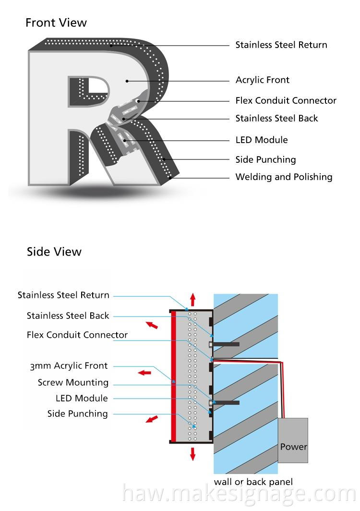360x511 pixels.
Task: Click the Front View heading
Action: tap(56, 23)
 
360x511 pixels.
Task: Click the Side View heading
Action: tap(54, 252)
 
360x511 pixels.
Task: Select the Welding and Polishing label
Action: tap(284, 177)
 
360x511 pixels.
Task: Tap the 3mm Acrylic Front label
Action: tap(69, 366)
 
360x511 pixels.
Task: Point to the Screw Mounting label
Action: tap(73, 383)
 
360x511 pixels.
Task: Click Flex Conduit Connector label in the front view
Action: tap(286, 100)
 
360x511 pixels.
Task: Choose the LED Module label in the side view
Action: tap(82, 398)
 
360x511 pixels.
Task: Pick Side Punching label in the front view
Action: tap(265, 159)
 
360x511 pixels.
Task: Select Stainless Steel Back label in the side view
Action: tap(68, 316)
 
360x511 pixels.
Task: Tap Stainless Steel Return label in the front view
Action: tap(281, 45)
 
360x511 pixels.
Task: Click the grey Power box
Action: tap(293, 440)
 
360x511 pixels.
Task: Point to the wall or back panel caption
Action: tap(253, 482)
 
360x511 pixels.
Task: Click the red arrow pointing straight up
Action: tap(193, 299)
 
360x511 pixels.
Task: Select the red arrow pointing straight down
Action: tap(193, 454)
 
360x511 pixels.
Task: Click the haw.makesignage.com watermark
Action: tap(239, 494)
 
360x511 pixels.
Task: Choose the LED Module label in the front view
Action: tap(262, 140)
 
